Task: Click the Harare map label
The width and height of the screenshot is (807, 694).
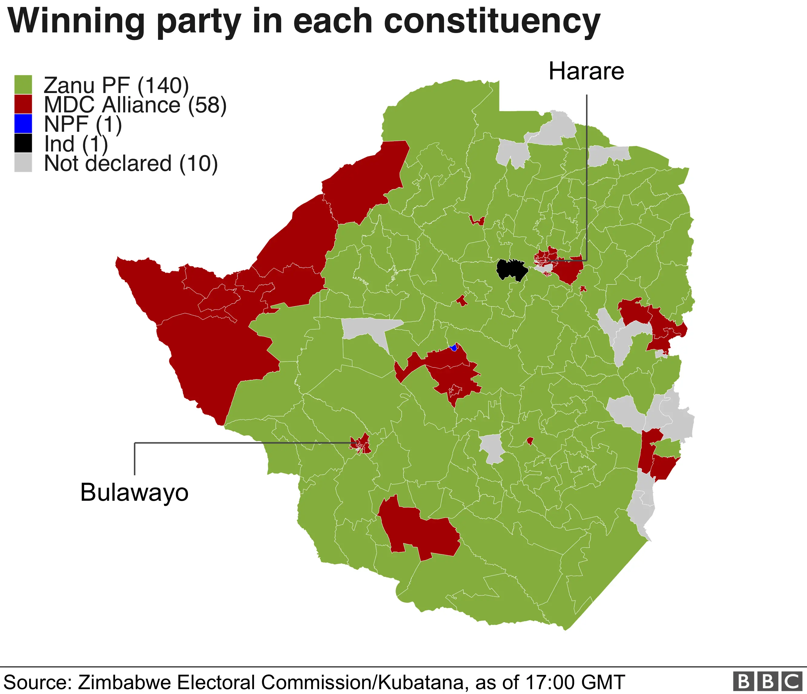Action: point(586,72)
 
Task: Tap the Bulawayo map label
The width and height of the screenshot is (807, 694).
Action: point(134,493)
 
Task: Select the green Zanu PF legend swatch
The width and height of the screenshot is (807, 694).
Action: point(23,85)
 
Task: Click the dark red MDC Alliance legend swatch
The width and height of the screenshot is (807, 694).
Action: point(23,104)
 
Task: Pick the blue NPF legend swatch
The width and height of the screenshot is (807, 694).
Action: point(23,124)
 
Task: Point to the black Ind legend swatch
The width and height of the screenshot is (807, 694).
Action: point(23,143)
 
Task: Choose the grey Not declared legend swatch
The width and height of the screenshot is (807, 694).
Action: point(23,162)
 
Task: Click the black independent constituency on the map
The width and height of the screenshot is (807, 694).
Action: point(511,269)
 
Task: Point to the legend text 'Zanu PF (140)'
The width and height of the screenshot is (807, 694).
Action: point(116,85)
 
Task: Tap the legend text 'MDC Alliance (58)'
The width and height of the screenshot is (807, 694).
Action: point(135,105)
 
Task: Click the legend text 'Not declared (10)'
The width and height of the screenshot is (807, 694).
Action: point(131,163)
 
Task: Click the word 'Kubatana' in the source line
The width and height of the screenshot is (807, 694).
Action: point(421,682)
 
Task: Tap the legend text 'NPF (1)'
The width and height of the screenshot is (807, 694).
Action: point(83,124)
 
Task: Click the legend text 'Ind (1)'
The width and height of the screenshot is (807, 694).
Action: point(76,144)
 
